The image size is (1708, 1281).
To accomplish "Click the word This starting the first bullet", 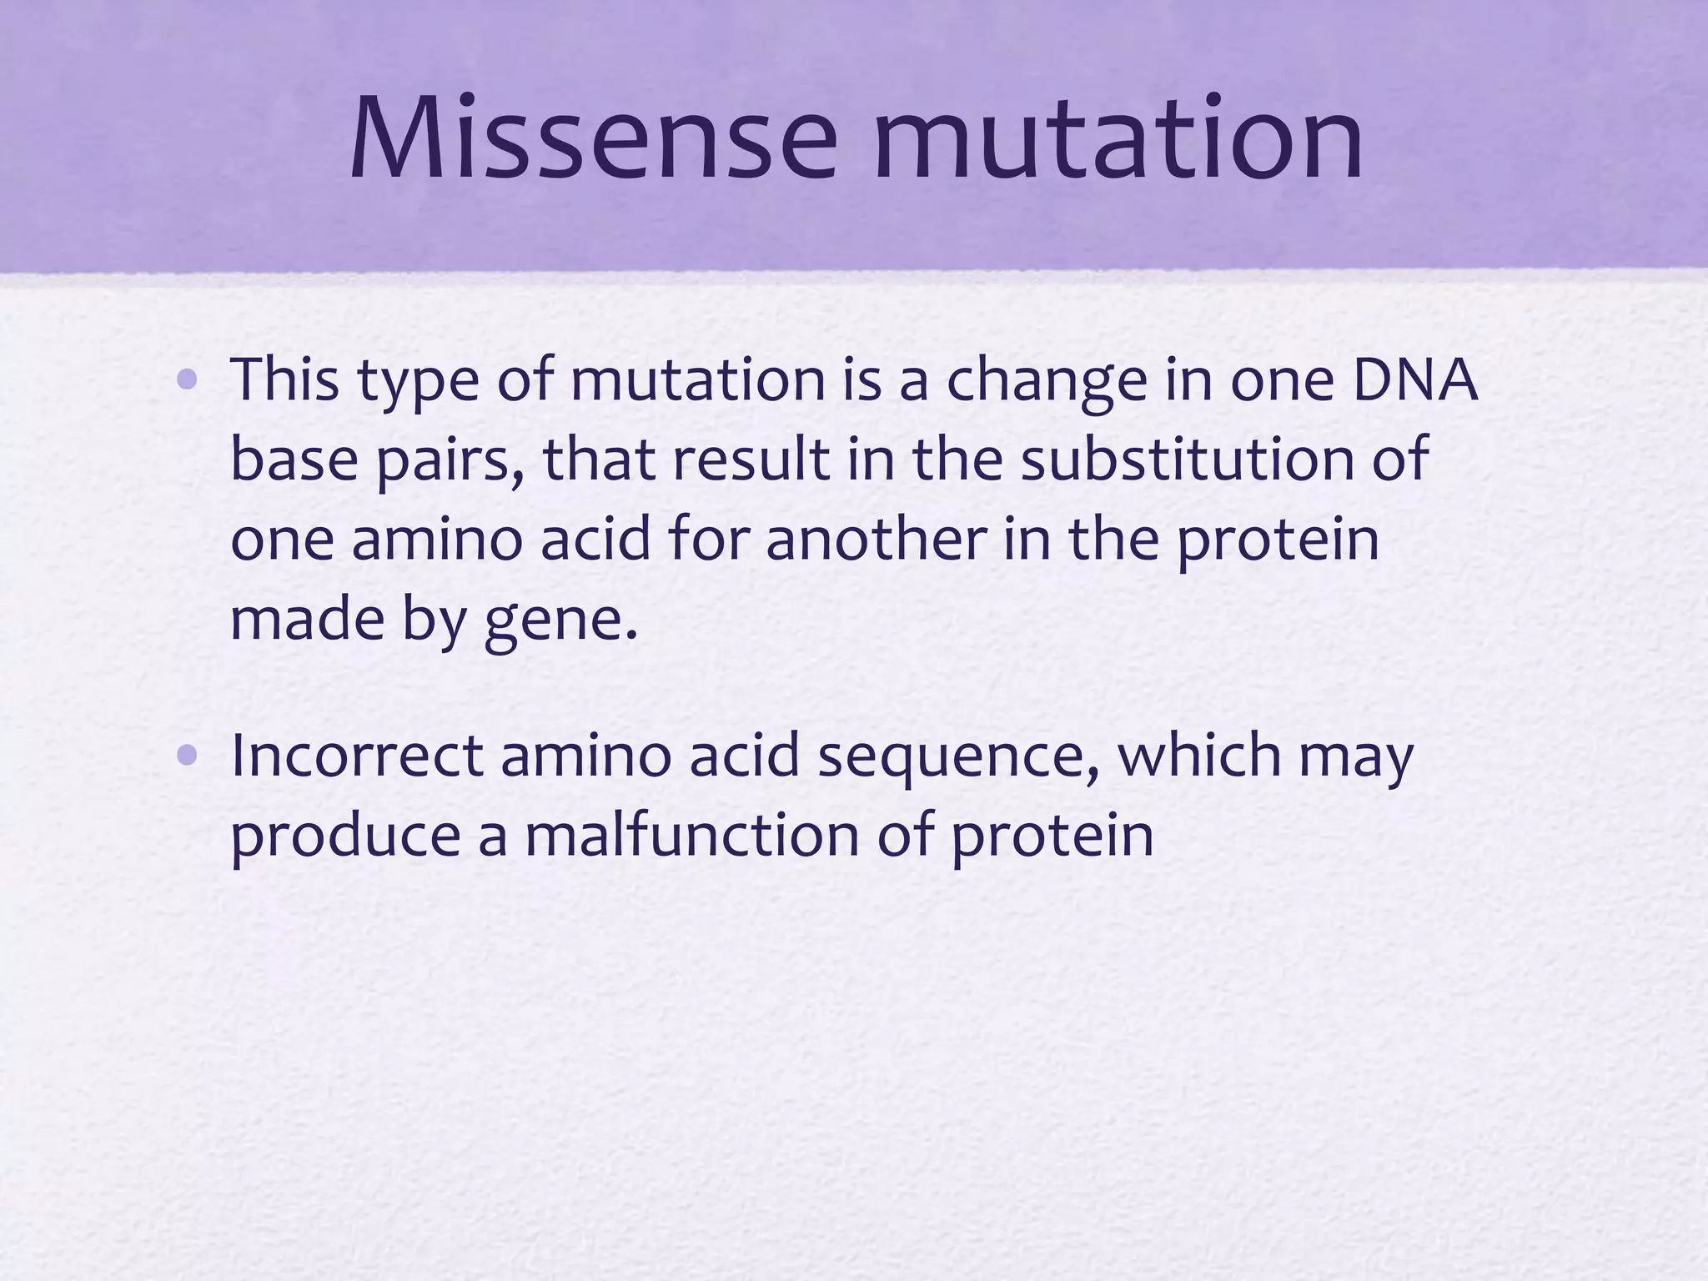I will pyautogui.click(x=284, y=379).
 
